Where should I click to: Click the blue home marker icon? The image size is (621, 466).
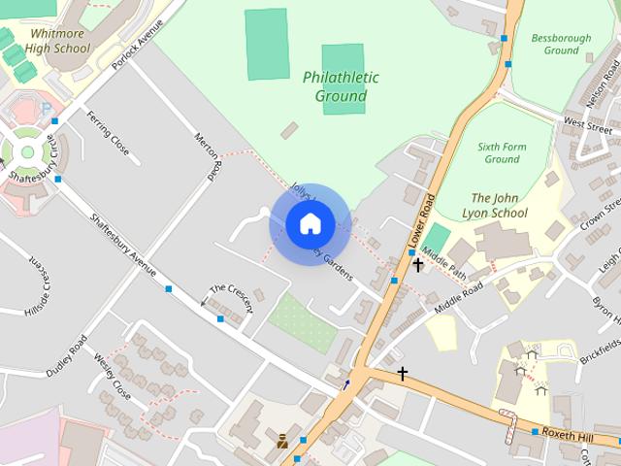pyautogui.click(x=310, y=224)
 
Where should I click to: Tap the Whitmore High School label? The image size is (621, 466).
pyautogui.click(x=57, y=41)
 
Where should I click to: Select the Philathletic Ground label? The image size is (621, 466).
pyautogui.click(x=341, y=86)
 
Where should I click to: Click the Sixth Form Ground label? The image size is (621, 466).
pyautogui.click(x=502, y=152)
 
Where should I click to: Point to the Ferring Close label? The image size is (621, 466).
pyautogui.click(x=107, y=133)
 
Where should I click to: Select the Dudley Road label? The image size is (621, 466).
pyautogui.click(x=67, y=354)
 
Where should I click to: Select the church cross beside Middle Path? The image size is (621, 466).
pyautogui.click(x=418, y=264)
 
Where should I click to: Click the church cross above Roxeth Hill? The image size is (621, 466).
pyautogui.click(x=402, y=373)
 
